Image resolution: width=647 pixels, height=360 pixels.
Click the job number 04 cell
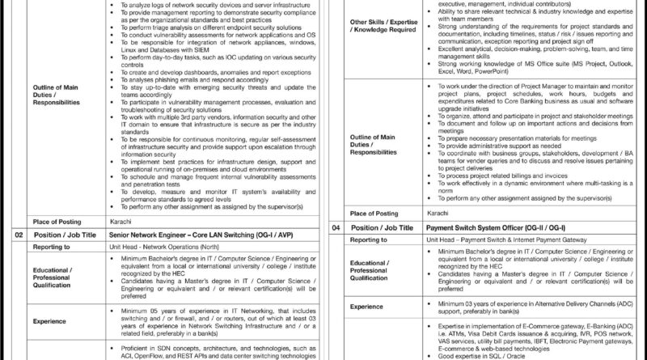(x=335, y=228)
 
